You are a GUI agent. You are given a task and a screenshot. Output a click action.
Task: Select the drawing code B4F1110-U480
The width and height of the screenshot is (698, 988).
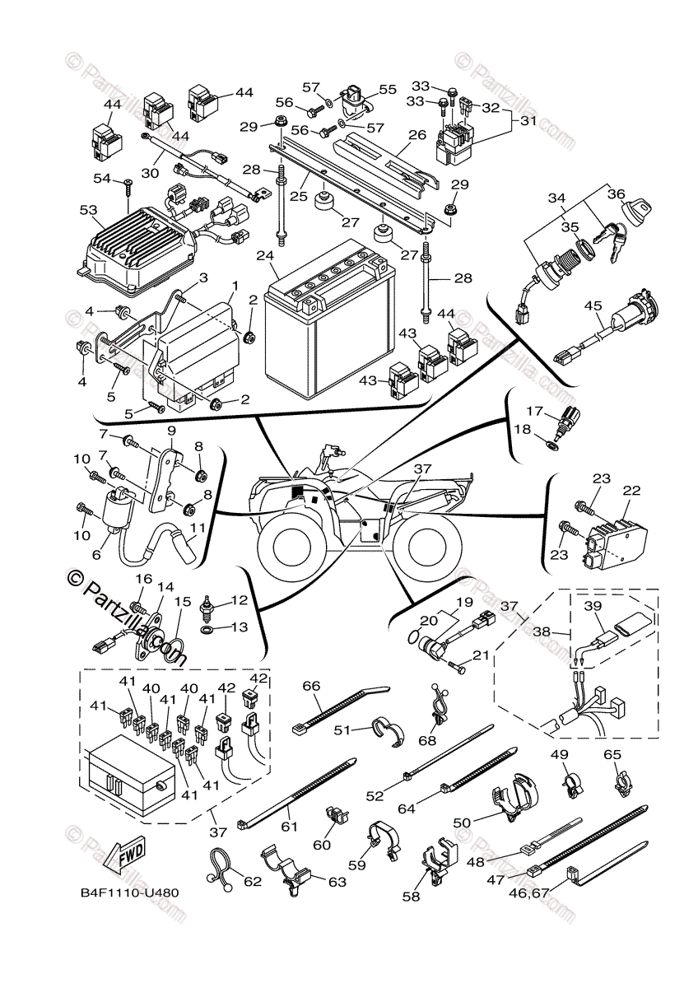coord(129,892)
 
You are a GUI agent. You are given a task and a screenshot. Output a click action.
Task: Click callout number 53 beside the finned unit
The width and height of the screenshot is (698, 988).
coord(88,211)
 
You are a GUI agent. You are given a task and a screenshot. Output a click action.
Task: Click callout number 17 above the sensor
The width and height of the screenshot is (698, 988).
coord(534,410)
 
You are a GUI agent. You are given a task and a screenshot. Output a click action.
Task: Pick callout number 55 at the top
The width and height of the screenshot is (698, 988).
coord(387,89)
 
